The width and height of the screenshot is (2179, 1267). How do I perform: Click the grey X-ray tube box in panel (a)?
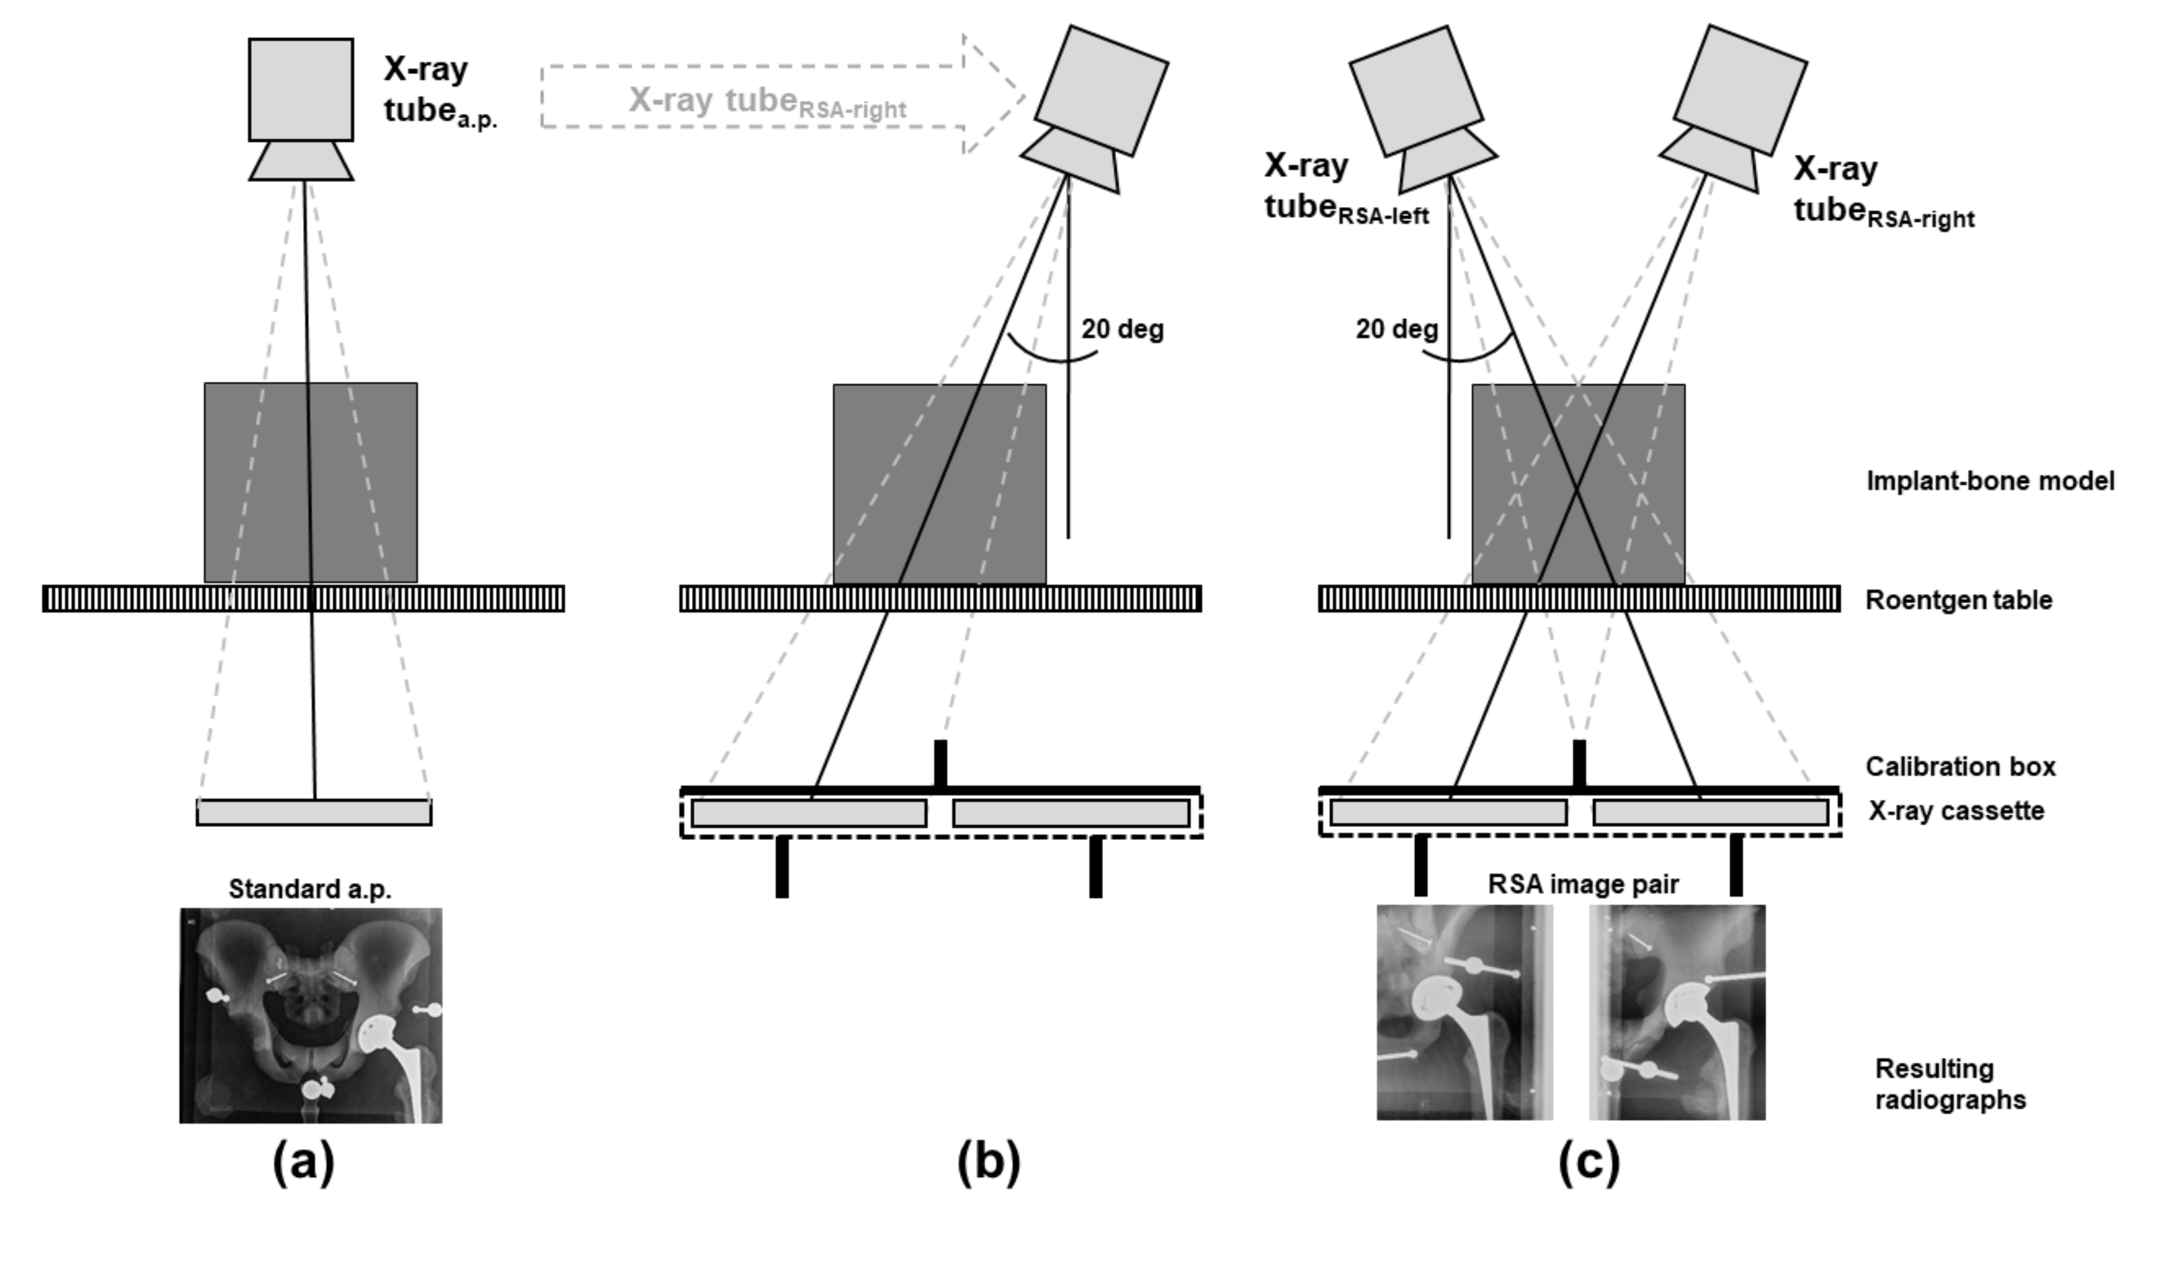301,89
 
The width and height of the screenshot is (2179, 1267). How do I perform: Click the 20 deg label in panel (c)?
1396,329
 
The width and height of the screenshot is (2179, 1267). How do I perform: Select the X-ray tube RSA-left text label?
1345,188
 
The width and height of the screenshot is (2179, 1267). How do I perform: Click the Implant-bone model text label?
1989,481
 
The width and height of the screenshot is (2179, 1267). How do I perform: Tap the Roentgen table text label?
1958,600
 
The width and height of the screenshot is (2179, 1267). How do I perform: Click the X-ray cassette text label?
1956,811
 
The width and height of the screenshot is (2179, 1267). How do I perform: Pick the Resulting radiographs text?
1949,1084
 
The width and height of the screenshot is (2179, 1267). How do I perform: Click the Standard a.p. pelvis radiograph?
311,1015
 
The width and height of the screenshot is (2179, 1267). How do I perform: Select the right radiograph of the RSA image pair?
1677,1012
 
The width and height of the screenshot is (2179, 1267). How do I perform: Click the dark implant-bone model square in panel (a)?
311,482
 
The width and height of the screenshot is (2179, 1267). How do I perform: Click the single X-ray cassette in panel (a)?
314,812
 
